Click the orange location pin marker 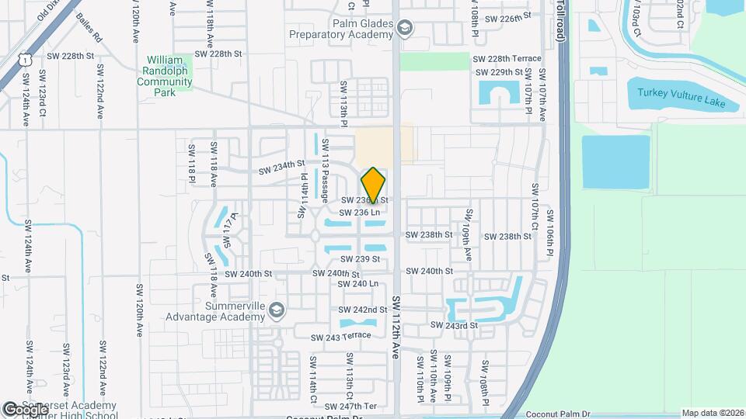pos(374,185)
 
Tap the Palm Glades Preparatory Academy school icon pos(403,29)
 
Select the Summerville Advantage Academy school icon pos(275,311)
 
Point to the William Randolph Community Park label pos(169,75)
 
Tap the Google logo pos(25,409)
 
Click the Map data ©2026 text pos(712,413)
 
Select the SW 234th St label pos(280,166)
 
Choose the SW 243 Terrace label pos(340,337)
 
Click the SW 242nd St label pos(363,310)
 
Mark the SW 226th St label pos(507,16)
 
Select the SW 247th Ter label pos(350,406)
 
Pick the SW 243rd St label pos(453,325)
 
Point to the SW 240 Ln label pos(358,284)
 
